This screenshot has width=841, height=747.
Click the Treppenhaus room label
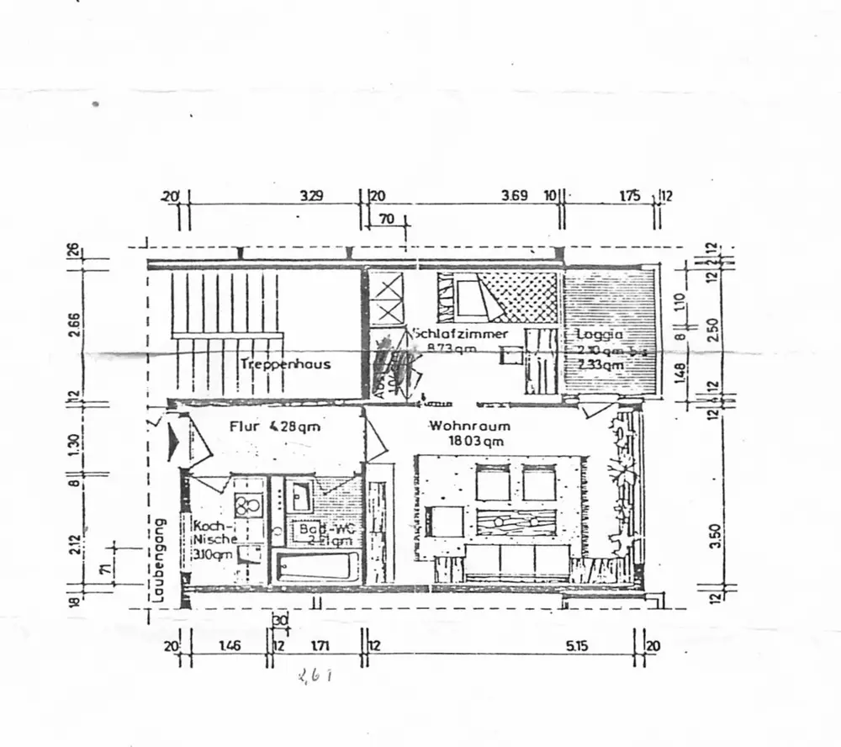[285, 364]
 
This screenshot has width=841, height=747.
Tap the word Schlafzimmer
[460, 334]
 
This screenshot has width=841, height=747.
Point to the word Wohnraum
[468, 426]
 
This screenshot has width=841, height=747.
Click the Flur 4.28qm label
[274, 426]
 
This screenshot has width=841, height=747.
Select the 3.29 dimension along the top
[312, 197]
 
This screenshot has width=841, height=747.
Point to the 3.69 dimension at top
[514, 197]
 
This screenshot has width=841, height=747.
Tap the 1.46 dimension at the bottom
[230, 646]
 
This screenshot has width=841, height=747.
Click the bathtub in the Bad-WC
[315, 565]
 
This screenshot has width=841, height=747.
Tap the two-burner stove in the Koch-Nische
[247, 506]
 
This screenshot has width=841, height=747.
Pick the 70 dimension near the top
[387, 219]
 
